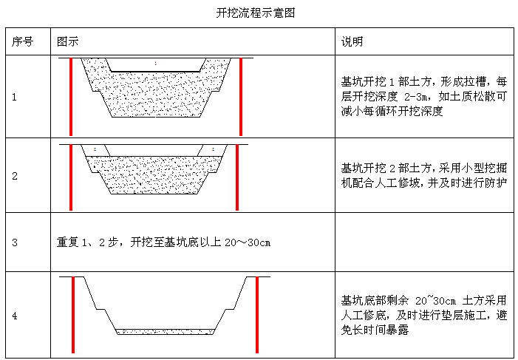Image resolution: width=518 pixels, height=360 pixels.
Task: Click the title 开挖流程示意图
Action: point(256,13)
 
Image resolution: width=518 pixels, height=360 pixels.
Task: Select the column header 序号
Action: point(22,41)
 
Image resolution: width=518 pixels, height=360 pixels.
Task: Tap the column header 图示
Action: point(68,41)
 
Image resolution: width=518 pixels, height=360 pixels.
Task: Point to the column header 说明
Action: point(352,41)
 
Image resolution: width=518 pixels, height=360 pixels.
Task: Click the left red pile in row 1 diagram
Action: point(71,97)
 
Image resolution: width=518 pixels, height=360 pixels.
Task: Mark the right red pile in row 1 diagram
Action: point(241,97)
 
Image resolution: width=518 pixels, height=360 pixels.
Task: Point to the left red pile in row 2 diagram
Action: point(71,177)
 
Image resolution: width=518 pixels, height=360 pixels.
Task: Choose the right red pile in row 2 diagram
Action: point(237,177)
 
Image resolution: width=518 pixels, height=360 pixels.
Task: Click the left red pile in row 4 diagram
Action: point(73,315)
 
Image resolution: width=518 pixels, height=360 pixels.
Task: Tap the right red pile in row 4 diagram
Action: point(257,315)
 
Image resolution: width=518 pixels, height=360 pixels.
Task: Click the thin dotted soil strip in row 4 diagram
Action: point(166,332)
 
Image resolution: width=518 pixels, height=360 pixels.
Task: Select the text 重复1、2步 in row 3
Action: point(87,242)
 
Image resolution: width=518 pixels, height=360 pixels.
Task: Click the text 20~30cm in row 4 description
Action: point(435,301)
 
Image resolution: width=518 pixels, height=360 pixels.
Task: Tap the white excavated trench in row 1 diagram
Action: point(155,65)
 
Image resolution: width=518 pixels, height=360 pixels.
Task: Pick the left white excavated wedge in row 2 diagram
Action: point(96,150)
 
